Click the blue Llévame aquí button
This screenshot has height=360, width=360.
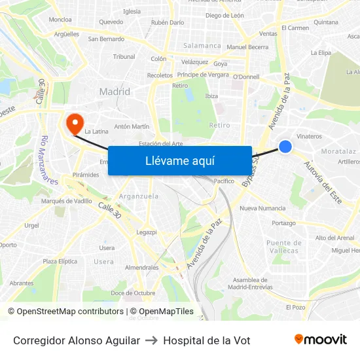(x=180, y=160)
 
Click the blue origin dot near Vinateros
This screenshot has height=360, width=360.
(x=285, y=147)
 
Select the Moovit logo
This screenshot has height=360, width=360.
(x=321, y=340)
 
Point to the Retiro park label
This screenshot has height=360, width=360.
(x=219, y=124)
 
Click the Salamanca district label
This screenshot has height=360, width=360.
(x=202, y=46)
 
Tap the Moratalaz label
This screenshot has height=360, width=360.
(x=338, y=151)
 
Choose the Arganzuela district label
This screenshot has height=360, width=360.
(x=139, y=196)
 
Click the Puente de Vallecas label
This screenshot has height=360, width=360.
(x=284, y=247)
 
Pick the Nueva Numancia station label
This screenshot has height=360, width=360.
(x=262, y=208)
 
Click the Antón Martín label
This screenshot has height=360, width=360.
(x=132, y=126)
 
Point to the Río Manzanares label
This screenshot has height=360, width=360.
(x=49, y=160)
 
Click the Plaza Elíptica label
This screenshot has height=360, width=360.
(x=60, y=261)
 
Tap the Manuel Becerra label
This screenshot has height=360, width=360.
(x=247, y=47)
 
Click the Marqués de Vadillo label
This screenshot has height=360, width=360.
(x=67, y=201)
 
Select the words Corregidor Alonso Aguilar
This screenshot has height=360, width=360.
(x=77, y=340)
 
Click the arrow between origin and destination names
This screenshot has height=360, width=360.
(x=151, y=340)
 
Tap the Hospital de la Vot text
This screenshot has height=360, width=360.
(x=207, y=340)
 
